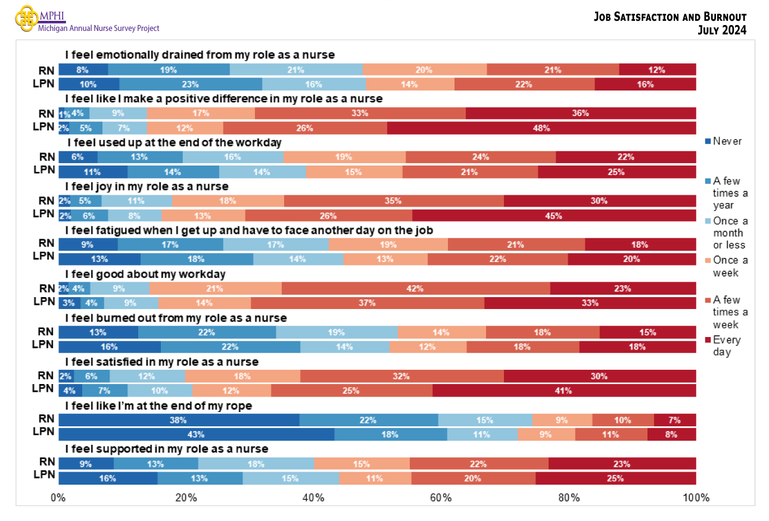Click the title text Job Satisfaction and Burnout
[670, 17]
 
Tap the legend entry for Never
[727, 141]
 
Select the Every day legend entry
[727, 346]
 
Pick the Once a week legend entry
[730, 266]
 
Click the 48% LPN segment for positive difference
[541, 128]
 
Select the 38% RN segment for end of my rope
[179, 420]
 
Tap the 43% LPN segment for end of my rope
[196, 435]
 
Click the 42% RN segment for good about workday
[415, 289]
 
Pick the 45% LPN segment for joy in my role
[553, 216]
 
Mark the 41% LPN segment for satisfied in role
[563, 391]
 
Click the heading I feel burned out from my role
[176, 318]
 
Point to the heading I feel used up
[174, 143]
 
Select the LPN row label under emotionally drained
[44, 84]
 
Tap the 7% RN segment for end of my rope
[674, 420]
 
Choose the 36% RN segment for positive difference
[580, 113]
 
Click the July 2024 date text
[721, 30]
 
